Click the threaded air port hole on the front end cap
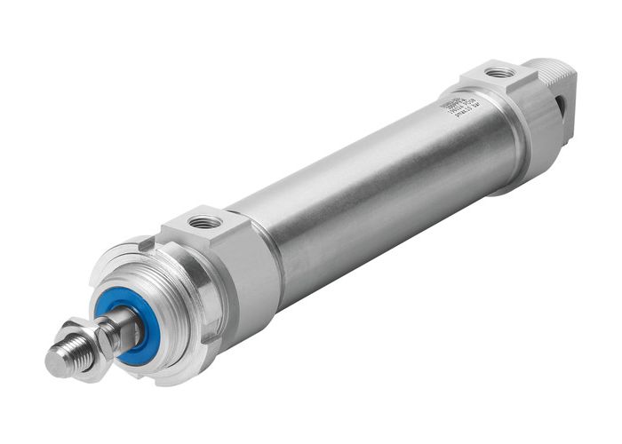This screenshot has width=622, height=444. pyautogui.click(x=206, y=222)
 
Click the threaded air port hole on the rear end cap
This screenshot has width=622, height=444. pyautogui.click(x=499, y=72)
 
